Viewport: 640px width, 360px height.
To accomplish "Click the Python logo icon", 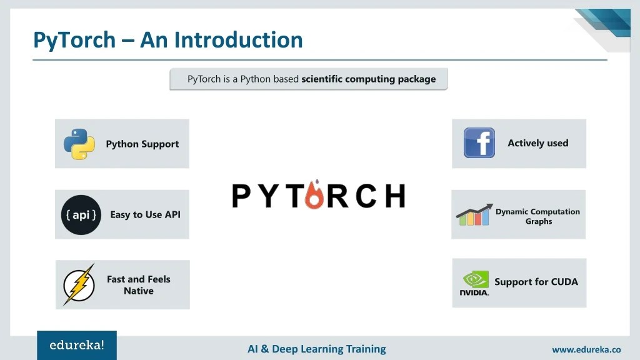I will [79, 144].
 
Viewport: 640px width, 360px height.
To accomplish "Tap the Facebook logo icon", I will [479, 143].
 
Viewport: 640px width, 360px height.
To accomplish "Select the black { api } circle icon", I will [81, 214].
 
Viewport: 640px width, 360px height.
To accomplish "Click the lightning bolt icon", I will [79, 285].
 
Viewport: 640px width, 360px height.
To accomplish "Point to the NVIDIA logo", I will [474, 283].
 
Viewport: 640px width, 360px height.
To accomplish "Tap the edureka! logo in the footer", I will [77, 345].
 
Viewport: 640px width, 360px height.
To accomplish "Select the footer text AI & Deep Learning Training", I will [317, 349].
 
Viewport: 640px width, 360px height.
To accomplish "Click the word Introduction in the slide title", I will [239, 40].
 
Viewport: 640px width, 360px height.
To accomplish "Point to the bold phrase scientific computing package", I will [368, 79].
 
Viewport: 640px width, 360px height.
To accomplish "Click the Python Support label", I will [142, 144].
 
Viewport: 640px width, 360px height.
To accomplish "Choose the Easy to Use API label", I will [145, 214].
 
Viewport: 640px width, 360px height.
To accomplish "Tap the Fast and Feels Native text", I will [138, 285].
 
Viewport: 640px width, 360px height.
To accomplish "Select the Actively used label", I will [537, 143].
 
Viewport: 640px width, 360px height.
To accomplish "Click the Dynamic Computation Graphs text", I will [537, 216].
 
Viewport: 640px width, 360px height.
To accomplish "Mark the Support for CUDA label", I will [536, 282].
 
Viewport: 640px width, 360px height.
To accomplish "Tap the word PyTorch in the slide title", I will [74, 40].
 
